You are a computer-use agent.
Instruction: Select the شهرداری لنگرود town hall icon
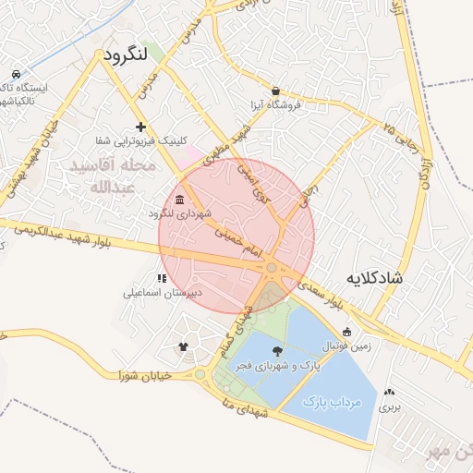pyautogui.click(x=178, y=200)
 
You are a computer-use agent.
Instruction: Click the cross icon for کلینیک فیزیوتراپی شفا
pyautogui.click(x=140, y=127)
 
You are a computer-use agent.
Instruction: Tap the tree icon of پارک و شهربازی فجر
pyautogui.click(x=278, y=351)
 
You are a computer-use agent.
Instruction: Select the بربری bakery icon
pyautogui.click(x=388, y=393)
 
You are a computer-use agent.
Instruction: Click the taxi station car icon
pyautogui.click(x=17, y=74)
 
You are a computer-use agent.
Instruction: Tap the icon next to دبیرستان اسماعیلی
pyautogui.click(x=163, y=277)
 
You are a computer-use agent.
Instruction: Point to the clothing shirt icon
pyautogui.click(x=183, y=347)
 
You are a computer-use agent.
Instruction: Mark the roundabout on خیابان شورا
pyautogui.click(x=200, y=375)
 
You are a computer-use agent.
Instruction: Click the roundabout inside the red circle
pyautogui.click(x=272, y=268)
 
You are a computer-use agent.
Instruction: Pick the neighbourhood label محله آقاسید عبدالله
pyautogui.click(x=103, y=176)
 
